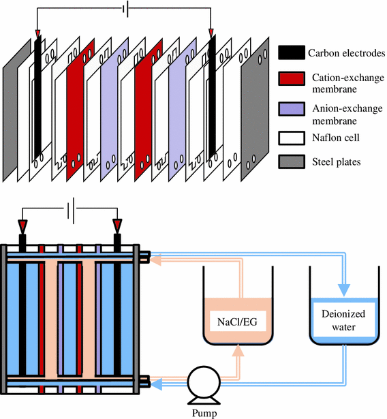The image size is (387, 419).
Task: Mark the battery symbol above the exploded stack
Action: (123, 9)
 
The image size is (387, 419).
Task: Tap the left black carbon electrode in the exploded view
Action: (38, 95)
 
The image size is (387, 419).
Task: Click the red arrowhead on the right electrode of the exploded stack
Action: (211, 32)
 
